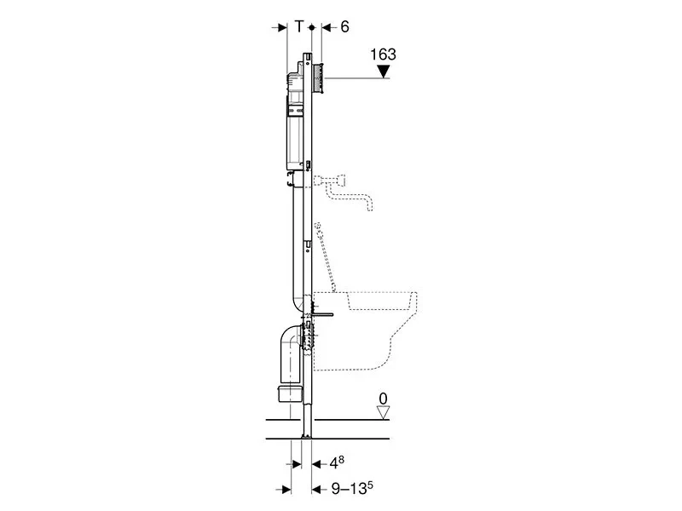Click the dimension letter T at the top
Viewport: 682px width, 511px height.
tap(299, 27)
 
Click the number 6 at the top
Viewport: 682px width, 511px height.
tap(344, 27)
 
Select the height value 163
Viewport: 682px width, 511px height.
tap(383, 55)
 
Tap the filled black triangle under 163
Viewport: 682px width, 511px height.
tap(383, 72)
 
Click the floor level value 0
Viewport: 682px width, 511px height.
tap(383, 399)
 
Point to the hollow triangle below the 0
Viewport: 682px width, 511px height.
tap(383, 413)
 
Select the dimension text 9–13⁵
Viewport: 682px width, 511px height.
tap(352, 488)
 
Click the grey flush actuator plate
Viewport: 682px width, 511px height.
tap(318, 78)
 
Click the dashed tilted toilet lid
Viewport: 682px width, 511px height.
tap(326, 257)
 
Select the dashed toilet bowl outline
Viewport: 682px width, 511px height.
tap(365, 330)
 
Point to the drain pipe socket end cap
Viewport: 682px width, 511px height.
tap(289, 393)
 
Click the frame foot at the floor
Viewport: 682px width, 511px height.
tap(307, 422)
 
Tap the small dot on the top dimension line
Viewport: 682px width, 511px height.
tap(312, 27)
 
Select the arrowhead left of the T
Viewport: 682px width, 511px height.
tap(282, 27)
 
